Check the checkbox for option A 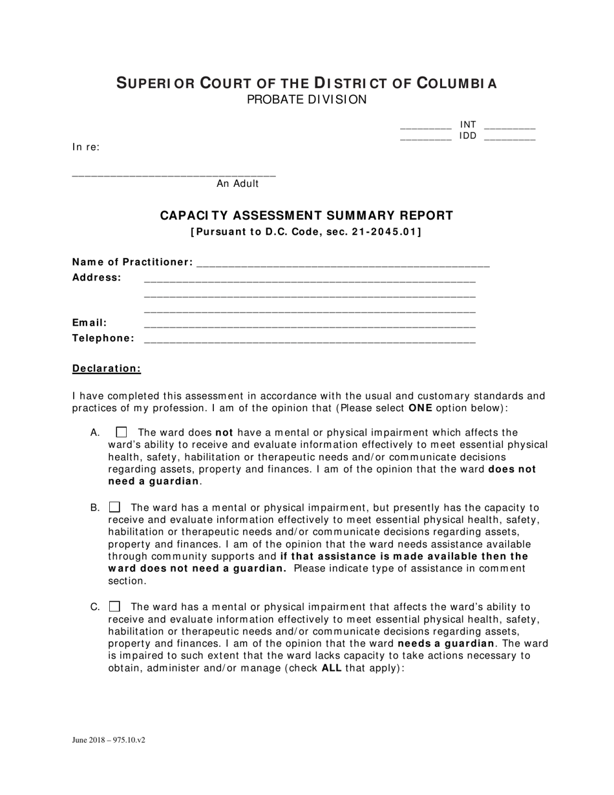coord(122,432)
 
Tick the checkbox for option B coord(114,507)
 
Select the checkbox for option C coord(114,606)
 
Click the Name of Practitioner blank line coord(343,264)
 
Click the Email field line coord(310,324)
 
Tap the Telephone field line coord(310,340)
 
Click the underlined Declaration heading coord(107,368)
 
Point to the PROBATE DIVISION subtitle coord(306,100)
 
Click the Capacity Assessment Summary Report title coord(306,215)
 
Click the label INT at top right coord(468,124)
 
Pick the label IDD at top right coord(468,136)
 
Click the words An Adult coord(237,184)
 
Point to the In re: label coord(86,147)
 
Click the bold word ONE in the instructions coord(420,408)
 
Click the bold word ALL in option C coord(331,668)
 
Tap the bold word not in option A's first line coord(224,432)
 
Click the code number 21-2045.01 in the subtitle coord(385,232)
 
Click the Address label coord(96,277)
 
